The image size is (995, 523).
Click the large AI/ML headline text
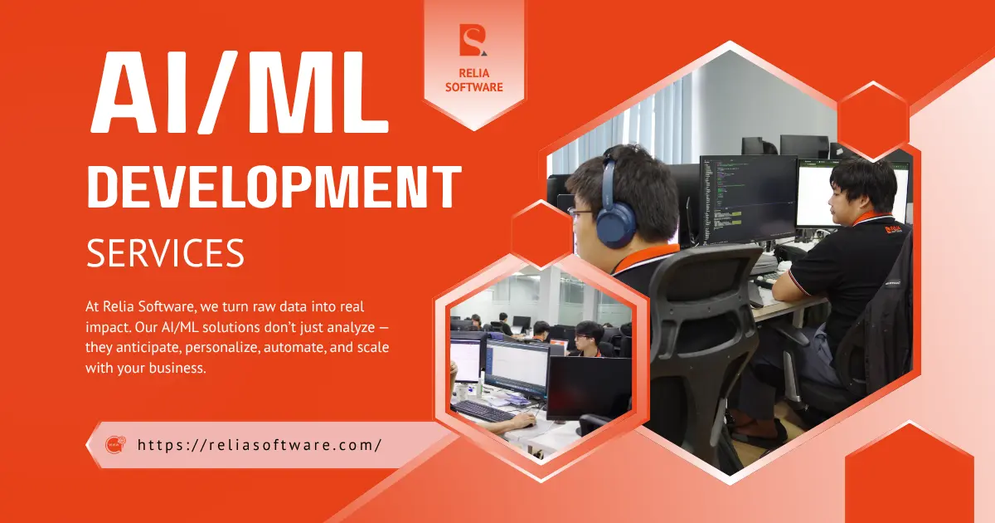pos(239,92)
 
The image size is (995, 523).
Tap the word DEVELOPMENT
pos(274,187)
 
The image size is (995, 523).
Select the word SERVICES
pos(165,252)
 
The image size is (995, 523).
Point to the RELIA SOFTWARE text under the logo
pos(474,80)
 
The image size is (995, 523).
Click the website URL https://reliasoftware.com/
pos(260,445)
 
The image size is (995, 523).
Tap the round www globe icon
pos(115,445)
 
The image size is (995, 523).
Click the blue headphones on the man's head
pos(615,209)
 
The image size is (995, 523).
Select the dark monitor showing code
pos(748,198)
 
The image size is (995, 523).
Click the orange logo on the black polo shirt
pos(893,229)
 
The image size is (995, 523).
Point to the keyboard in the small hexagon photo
pos(483,411)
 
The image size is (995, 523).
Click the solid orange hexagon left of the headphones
pos(541,234)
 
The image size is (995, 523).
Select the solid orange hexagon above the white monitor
pos(873,121)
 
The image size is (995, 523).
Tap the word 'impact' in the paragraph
pos(108,328)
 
